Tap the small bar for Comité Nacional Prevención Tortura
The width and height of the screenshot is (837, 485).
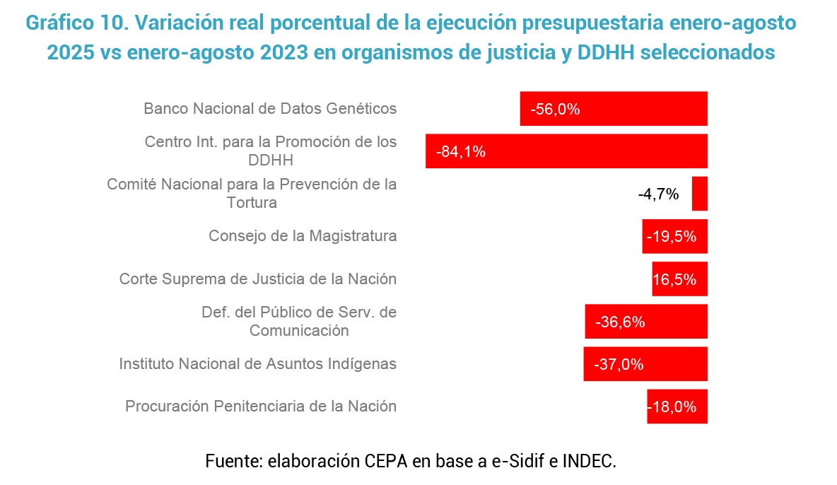coord(700,194)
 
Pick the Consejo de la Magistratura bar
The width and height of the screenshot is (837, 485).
coord(674,236)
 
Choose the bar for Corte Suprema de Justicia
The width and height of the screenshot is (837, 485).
coord(679,279)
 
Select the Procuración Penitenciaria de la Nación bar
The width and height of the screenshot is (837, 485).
coord(677,407)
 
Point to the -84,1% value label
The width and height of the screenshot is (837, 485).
coord(461,151)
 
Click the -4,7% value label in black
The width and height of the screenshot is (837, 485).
coord(658,194)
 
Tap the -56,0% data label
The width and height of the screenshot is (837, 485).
coord(555,109)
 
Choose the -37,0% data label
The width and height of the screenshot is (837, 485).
coord(619,364)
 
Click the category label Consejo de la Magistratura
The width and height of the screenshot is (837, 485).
coord(303,236)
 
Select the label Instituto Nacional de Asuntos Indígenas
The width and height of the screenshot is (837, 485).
coord(258,364)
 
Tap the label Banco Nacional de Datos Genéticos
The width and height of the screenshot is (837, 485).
coord(270,109)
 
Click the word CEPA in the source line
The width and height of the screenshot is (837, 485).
coord(386,462)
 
